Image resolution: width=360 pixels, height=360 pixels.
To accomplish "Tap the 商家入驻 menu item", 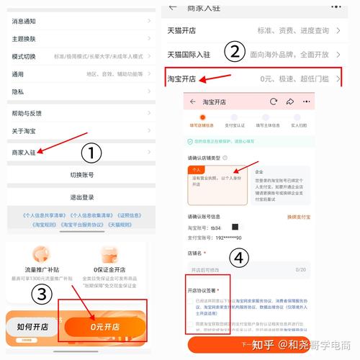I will coord(25,152).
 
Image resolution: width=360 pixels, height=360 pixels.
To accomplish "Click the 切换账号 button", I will coord(81,175).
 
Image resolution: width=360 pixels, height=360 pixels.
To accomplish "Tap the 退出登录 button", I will coord(81,197).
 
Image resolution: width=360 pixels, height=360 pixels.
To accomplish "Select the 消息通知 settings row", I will coord(24,21).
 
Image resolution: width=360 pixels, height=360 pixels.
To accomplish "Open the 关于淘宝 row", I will coord(25,130).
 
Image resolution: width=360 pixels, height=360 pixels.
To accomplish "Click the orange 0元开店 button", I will coord(104,327).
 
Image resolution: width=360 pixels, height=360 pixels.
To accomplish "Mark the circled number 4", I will coord(240,258).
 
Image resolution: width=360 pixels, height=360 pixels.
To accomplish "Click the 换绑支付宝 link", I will coord(299,216).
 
